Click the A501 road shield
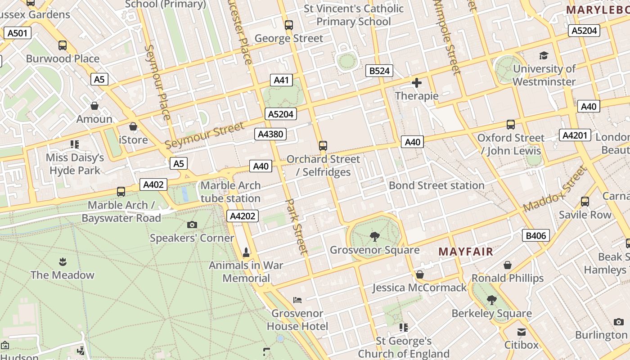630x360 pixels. tap(18, 32)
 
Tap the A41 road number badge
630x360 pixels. tap(281, 80)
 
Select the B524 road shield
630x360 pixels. tap(379, 71)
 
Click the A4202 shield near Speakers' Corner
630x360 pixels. tap(243, 216)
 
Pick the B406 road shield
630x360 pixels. tap(536, 235)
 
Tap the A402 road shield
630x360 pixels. tap(153, 184)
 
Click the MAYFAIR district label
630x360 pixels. tap(466, 252)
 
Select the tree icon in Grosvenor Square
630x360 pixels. tap(374, 236)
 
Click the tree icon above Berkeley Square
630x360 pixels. tap(492, 300)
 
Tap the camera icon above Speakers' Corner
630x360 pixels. tap(192, 225)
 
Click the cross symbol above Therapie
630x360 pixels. tap(417, 83)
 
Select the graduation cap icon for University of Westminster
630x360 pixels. tap(544, 56)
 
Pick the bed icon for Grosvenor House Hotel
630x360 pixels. tap(297, 300)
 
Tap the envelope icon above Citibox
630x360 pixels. tap(521, 332)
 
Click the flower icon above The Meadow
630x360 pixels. tap(63, 261)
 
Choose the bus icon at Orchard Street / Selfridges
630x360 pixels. tap(323, 145)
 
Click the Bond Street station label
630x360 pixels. tap(436, 185)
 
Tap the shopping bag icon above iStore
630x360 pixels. tap(133, 126)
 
